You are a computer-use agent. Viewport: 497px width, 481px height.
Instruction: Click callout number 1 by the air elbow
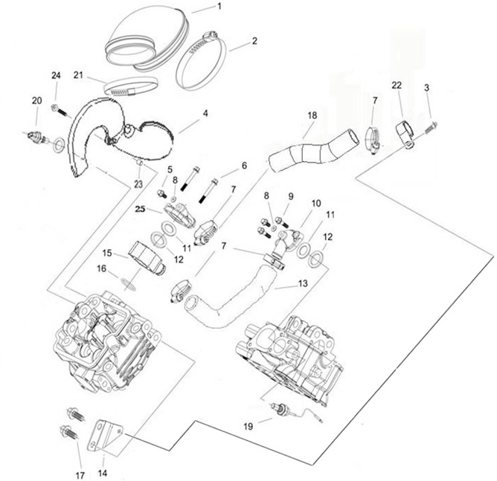pos(219,7)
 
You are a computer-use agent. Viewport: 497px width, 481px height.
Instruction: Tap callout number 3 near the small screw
pos(426,88)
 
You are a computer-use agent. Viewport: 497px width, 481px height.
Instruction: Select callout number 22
pos(396,87)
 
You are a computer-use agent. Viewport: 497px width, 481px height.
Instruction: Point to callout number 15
pos(107,254)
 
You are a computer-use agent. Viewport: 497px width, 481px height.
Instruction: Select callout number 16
pos(101,269)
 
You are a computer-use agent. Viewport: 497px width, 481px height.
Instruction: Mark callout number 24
pos(55,77)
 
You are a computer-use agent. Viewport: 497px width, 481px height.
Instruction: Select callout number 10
pos(315,202)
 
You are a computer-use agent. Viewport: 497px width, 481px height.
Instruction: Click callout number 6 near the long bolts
pos(243,165)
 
